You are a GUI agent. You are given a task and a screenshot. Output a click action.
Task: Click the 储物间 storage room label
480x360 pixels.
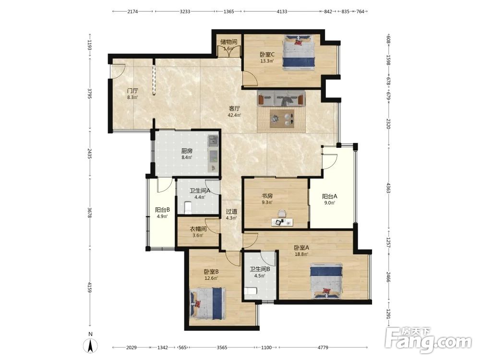tap(228, 42)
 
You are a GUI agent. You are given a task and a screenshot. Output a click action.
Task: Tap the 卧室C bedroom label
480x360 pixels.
tap(267, 55)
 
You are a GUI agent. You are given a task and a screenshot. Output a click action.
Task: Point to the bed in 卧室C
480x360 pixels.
tap(299, 51)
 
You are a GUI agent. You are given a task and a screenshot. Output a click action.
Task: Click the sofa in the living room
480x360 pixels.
tap(281, 98)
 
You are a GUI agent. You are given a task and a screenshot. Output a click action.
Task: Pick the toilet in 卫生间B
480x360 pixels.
tap(251, 291)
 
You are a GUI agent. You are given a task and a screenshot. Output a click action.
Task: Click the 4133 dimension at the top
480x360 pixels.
tap(282, 12)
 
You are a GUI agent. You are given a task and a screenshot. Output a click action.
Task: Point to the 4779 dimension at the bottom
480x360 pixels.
tap(323, 348)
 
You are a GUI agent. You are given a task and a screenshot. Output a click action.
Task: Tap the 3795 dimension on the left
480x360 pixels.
tap(89, 94)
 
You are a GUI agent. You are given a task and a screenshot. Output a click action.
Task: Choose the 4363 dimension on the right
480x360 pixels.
tap(388, 188)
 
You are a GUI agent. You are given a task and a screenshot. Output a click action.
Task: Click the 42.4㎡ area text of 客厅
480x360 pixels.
tap(234, 115)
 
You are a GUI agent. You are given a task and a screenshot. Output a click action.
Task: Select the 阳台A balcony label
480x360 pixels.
tap(329, 196)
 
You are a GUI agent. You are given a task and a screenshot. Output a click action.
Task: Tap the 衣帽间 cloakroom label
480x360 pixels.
tap(198, 229)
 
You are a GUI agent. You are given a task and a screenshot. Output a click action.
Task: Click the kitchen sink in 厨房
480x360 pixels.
tap(213, 141)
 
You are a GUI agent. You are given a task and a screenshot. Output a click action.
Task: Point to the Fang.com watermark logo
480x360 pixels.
tap(429, 339)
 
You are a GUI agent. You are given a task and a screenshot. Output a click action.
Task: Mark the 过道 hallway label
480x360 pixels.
tap(231, 212)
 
